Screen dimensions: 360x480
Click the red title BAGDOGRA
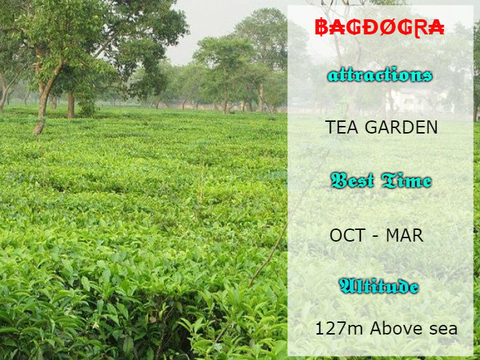point(379,28)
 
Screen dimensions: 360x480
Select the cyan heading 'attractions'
point(379,75)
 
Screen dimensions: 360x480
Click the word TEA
point(342,127)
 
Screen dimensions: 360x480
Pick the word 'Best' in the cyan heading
point(353,181)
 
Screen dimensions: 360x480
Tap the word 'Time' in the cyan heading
point(406,181)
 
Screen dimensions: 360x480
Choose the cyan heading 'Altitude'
point(379,286)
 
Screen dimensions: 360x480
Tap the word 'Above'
point(395,328)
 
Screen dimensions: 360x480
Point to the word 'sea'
point(442,329)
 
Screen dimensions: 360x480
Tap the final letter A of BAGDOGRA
point(436,28)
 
